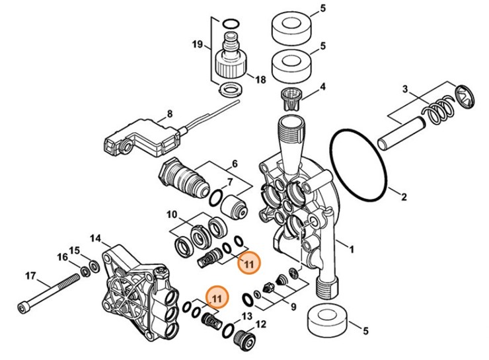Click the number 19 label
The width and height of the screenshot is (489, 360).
coord(197,45)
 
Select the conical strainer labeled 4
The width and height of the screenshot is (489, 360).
coord(291,98)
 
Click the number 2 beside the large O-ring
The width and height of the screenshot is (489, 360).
coord(404,195)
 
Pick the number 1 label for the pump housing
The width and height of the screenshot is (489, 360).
coord(351,249)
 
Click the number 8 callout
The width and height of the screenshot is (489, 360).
coord(170,114)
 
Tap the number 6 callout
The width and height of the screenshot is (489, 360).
coord(234,163)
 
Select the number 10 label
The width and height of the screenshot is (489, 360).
coord(171,215)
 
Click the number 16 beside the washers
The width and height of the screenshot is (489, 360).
coord(61,257)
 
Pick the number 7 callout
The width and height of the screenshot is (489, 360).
coord(229,182)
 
